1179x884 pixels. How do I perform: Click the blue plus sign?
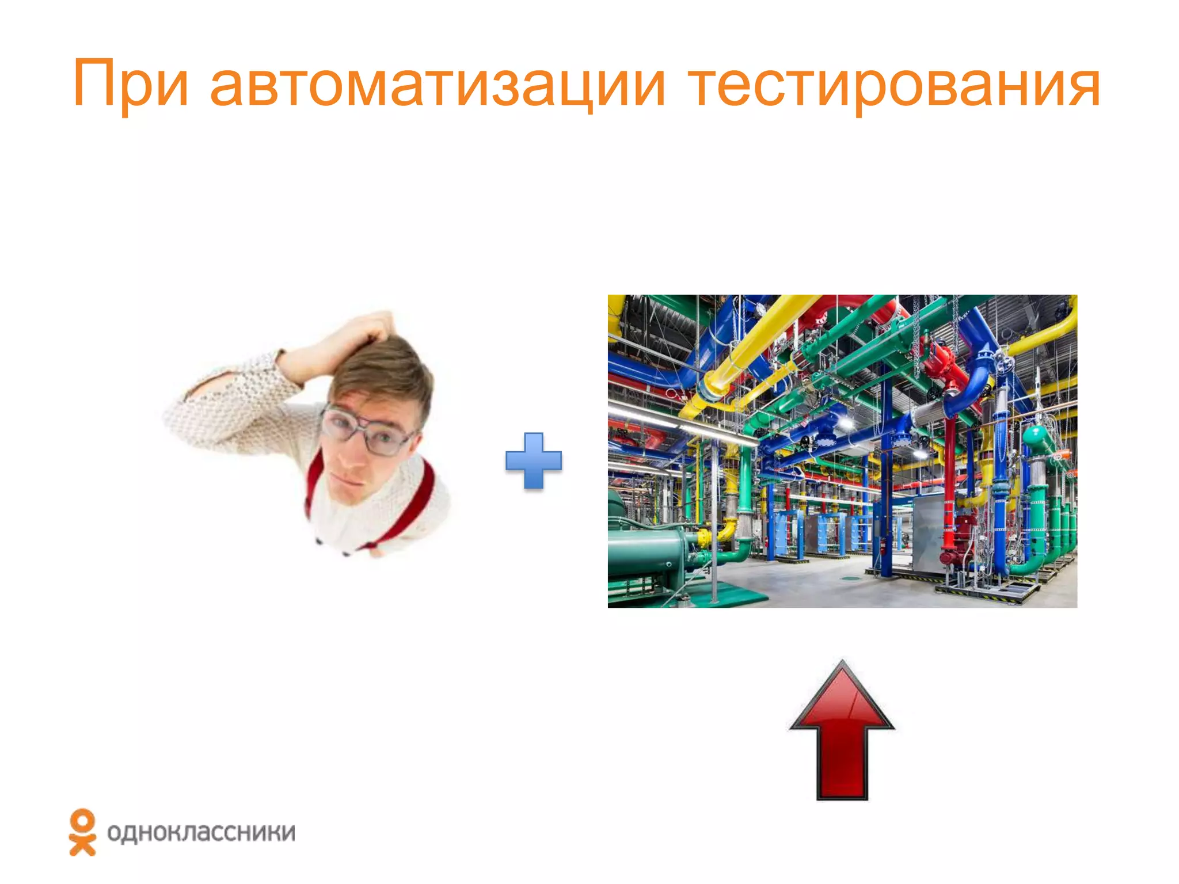(x=534, y=461)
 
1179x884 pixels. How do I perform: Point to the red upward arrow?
(x=842, y=742)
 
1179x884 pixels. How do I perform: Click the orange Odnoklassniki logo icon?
(x=82, y=832)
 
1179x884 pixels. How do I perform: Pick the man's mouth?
(x=344, y=479)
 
